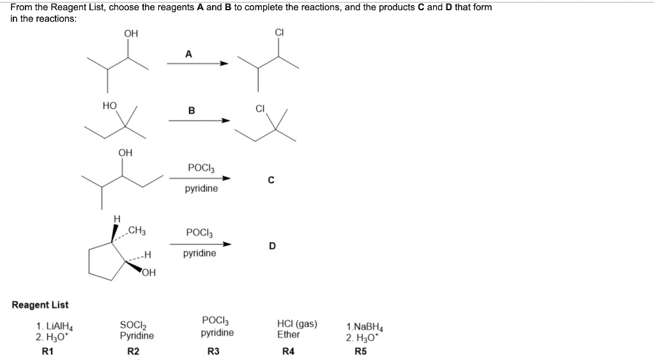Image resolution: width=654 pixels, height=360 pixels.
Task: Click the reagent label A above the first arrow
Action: [188, 54]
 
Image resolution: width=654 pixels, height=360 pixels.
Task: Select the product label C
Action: [271, 180]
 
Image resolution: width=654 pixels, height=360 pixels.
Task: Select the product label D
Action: [272, 245]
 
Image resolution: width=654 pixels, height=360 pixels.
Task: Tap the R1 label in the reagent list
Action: [47, 351]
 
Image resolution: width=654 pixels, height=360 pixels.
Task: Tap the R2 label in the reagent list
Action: [133, 351]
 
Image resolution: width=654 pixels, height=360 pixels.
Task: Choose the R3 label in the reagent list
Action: [214, 351]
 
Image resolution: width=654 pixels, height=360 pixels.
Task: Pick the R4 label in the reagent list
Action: [289, 351]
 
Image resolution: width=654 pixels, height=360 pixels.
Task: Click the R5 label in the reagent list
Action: [361, 351]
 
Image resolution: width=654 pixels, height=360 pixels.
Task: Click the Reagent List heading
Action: [40, 305]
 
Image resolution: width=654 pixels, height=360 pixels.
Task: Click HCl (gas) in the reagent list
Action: [297, 324]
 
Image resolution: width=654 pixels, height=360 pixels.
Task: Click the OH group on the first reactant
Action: [131, 33]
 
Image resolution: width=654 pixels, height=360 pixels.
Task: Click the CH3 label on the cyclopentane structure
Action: [137, 230]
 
